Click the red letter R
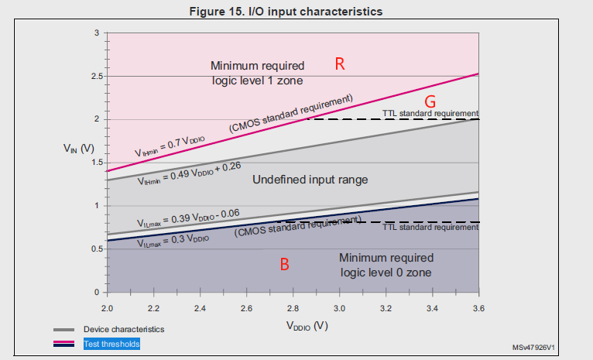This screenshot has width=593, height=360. [339, 64]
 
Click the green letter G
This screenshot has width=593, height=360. [431, 101]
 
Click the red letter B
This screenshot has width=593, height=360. [284, 264]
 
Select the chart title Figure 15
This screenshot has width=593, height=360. [296, 11]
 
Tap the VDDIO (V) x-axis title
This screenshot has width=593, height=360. [293, 326]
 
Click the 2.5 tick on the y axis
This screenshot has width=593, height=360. [96, 76]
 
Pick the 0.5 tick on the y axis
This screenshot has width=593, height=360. [96, 249]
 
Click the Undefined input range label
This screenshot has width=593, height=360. [310, 180]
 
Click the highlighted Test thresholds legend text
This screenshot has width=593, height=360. [113, 342]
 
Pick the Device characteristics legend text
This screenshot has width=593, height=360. [124, 329]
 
